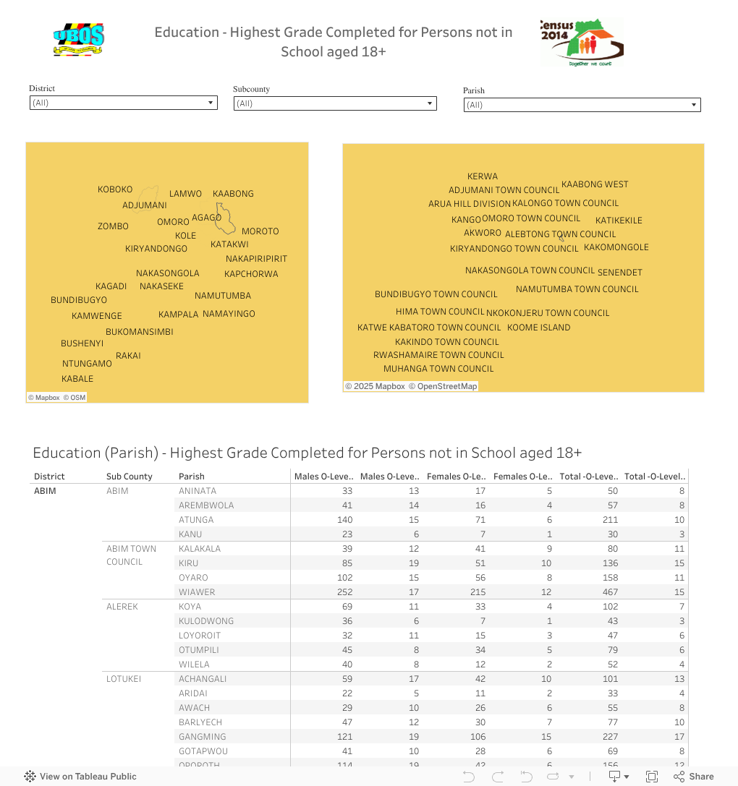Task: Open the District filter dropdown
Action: [123, 103]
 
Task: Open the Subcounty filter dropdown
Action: [335, 103]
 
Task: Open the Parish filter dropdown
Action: [582, 105]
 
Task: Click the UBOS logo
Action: [79, 40]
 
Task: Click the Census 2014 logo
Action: [581, 43]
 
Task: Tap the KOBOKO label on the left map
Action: [115, 189]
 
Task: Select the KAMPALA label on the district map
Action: [178, 315]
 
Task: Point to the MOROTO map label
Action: [260, 231]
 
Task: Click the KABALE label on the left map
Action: [77, 379]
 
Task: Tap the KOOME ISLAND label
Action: [538, 328]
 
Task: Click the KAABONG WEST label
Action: [595, 184]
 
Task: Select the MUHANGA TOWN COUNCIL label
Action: [438, 369]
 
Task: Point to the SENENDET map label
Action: [619, 273]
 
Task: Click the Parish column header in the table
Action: [192, 477]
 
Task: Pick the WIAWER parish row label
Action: [197, 592]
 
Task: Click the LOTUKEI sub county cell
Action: [124, 679]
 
